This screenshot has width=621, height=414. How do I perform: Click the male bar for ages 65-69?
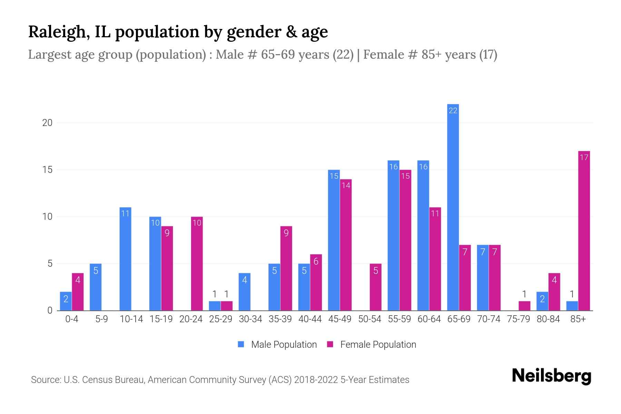(x=453, y=207)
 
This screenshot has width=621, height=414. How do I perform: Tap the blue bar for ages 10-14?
(x=125, y=259)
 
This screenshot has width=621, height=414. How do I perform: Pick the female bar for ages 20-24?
(x=197, y=264)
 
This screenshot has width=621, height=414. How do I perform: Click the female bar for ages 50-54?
(x=375, y=287)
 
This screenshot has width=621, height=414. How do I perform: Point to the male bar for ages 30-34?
(x=245, y=292)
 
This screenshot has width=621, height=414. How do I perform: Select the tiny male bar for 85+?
(x=572, y=306)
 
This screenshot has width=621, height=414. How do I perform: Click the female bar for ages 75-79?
(x=524, y=306)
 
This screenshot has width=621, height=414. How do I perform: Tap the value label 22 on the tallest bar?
(x=453, y=110)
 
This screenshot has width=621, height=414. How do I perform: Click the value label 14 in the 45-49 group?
(x=346, y=186)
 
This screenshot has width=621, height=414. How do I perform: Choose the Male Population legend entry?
(x=277, y=344)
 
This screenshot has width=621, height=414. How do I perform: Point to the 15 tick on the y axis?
(x=47, y=170)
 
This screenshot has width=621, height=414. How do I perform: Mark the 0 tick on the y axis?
(x=50, y=310)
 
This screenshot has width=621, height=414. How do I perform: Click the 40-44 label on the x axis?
(x=310, y=319)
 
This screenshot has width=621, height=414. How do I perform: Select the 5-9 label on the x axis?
(x=101, y=319)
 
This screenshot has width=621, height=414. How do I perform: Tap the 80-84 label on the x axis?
(x=548, y=319)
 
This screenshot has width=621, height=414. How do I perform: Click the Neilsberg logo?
(x=552, y=376)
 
